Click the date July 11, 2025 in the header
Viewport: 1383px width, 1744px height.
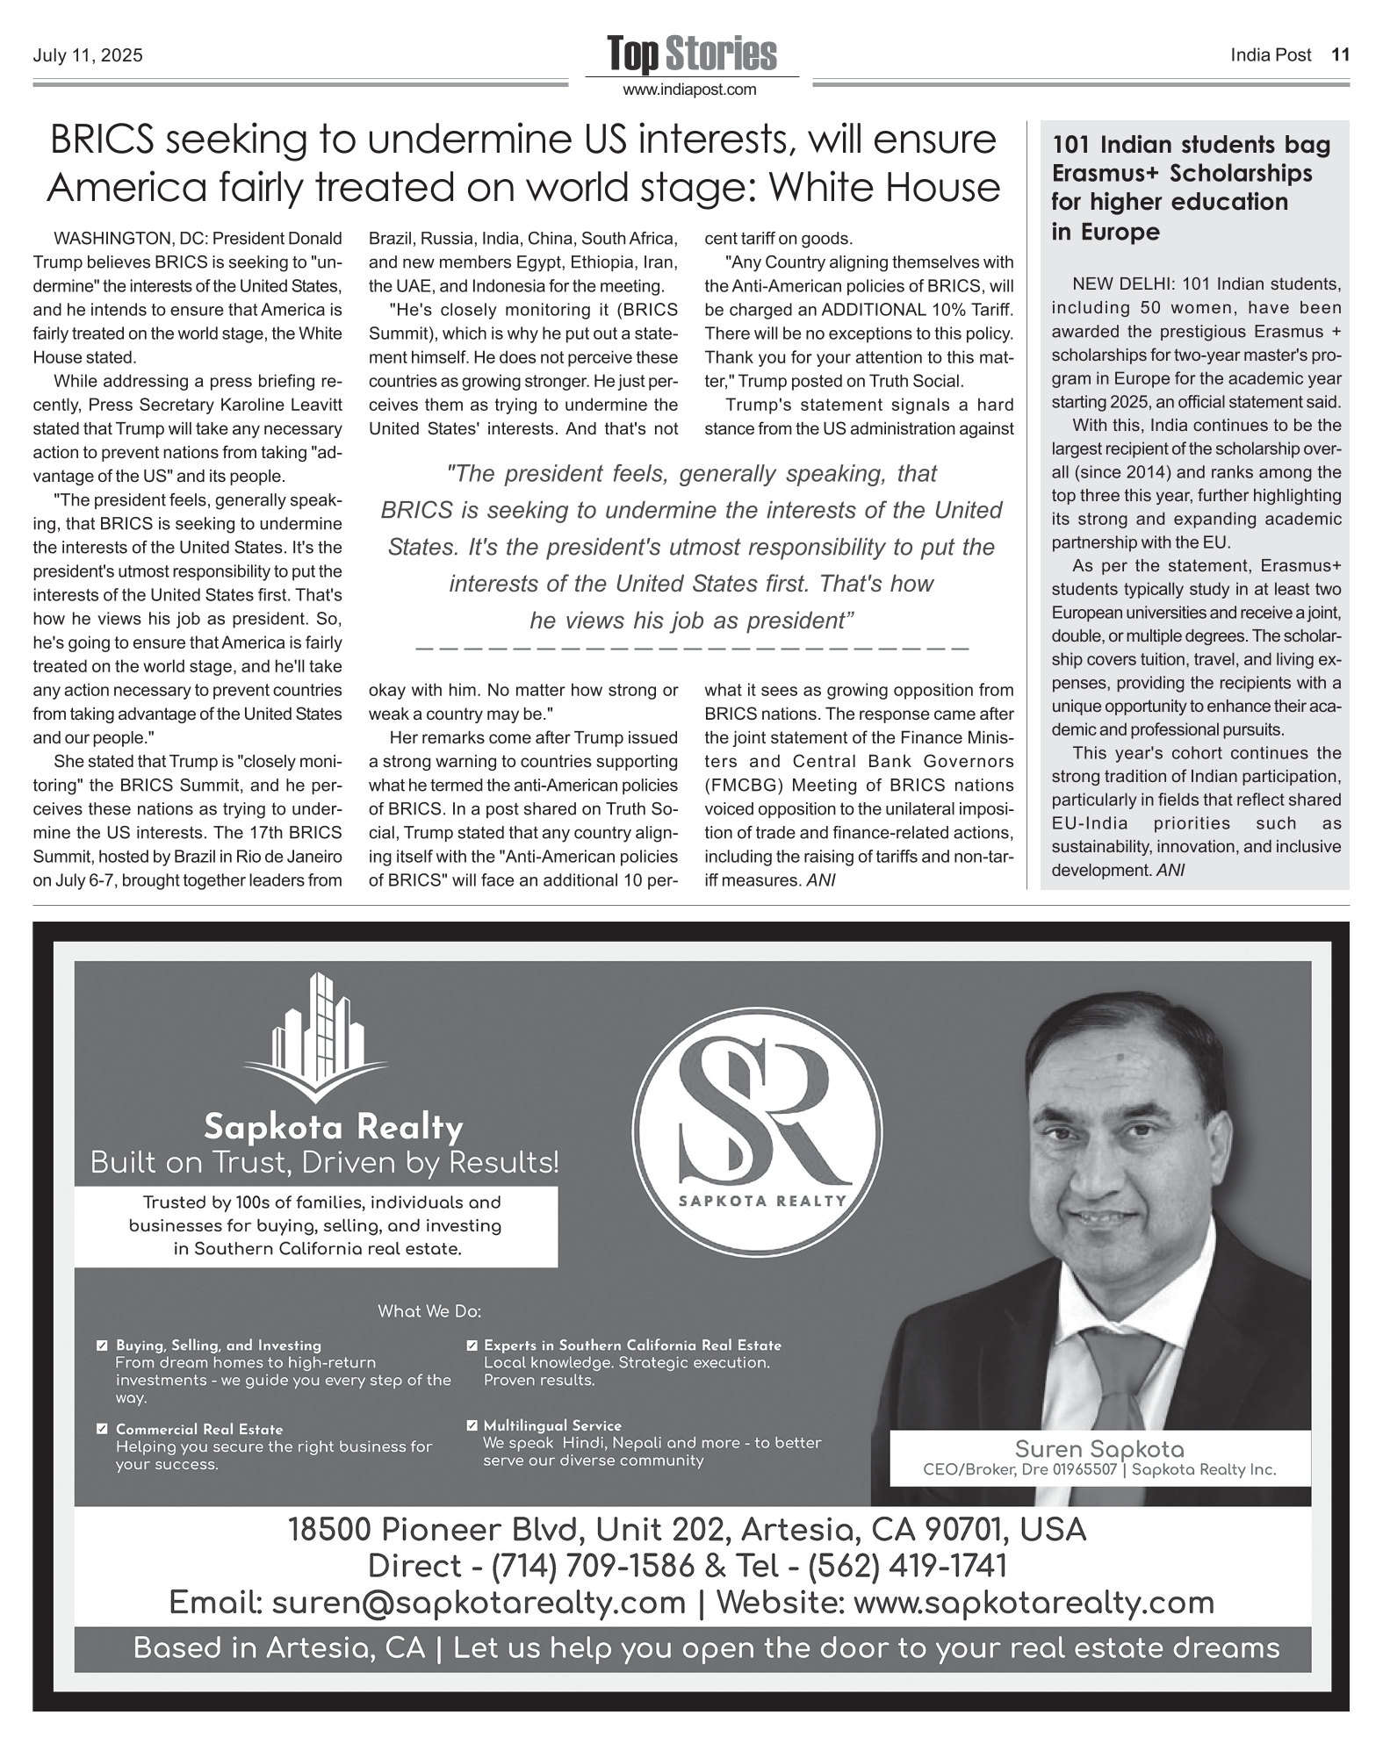click(88, 56)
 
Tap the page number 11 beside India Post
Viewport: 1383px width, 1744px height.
click(1340, 55)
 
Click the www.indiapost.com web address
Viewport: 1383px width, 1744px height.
click(689, 90)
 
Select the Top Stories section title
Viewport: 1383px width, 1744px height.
click(692, 54)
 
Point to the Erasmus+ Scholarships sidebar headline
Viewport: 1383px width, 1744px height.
click(1190, 188)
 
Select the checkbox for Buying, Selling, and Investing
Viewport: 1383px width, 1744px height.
click(103, 1346)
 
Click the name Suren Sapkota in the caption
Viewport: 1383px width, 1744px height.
click(1099, 1449)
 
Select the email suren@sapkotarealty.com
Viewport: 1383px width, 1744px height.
click(479, 1603)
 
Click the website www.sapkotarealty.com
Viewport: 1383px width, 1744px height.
click(1034, 1603)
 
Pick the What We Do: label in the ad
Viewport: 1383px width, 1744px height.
click(429, 1311)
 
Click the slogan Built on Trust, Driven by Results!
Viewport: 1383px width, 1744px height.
click(325, 1163)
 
